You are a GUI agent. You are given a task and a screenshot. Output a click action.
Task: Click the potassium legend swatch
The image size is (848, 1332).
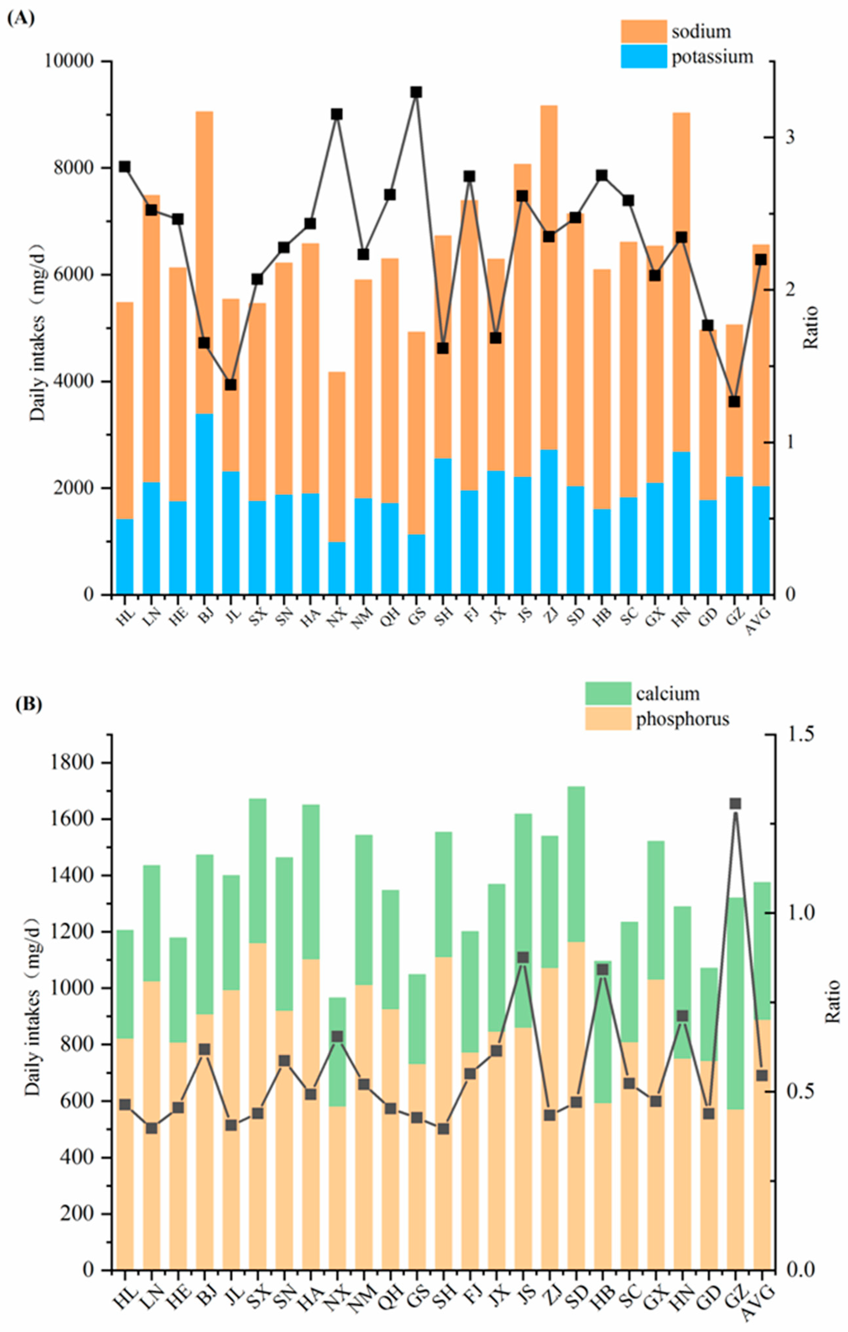click(x=643, y=56)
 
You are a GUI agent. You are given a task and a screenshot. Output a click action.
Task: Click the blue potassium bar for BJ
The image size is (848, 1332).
click(x=204, y=503)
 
